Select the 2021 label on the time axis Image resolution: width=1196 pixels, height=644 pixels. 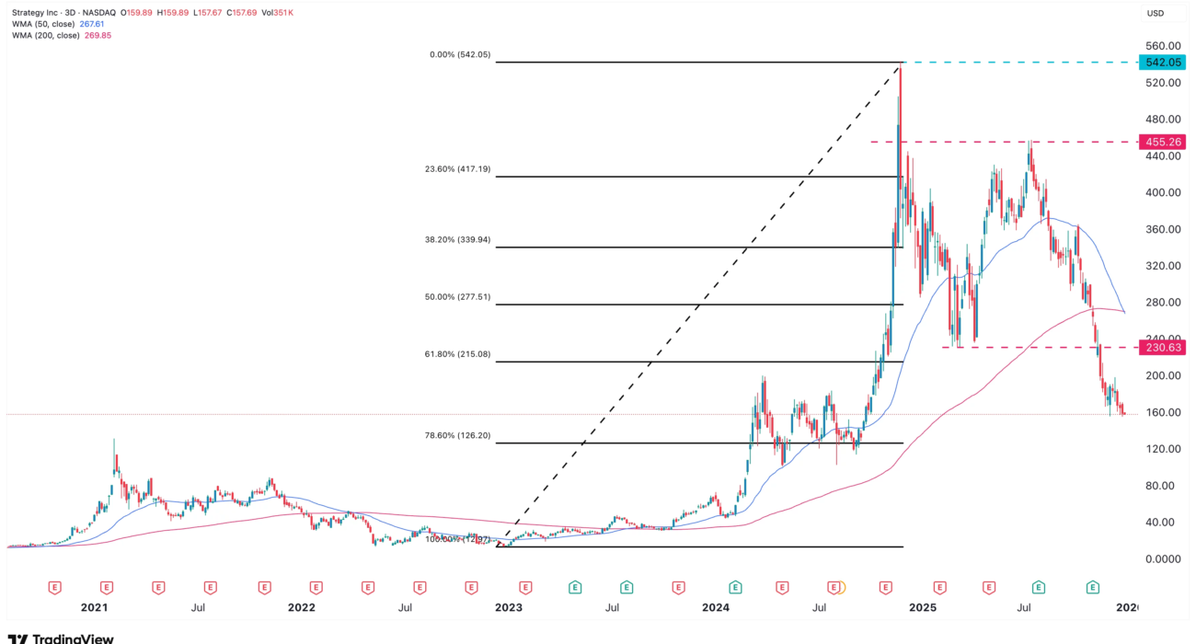(x=94, y=608)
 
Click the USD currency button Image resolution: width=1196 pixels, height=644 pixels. (x=1155, y=13)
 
